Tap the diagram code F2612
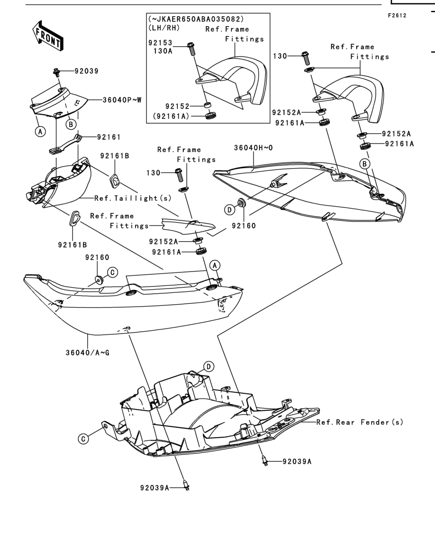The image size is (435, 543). pyautogui.click(x=397, y=15)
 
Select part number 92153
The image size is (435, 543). pyautogui.click(x=160, y=43)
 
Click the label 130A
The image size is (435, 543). pyautogui.click(x=163, y=51)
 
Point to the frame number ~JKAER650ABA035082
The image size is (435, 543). pyautogui.click(x=196, y=18)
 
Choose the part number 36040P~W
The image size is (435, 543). pyautogui.click(x=122, y=100)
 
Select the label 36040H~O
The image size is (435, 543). pyautogui.click(x=253, y=148)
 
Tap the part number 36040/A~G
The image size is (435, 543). pyautogui.click(x=88, y=353)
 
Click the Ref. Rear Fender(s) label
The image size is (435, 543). pyautogui.click(x=360, y=422)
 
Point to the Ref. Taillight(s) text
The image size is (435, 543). pyautogui.click(x=133, y=198)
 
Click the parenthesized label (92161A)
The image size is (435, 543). pyautogui.click(x=171, y=116)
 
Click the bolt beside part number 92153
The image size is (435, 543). pyautogui.click(x=191, y=48)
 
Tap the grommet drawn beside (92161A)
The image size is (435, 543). pyautogui.click(x=210, y=115)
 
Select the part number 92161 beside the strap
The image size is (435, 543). pyautogui.click(x=109, y=137)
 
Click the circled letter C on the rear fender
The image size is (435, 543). pyautogui.click(x=83, y=439)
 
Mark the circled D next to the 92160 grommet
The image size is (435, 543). pyautogui.click(x=229, y=209)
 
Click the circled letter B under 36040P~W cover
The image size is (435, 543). pyautogui.click(x=71, y=124)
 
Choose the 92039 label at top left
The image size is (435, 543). pyautogui.click(x=87, y=71)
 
